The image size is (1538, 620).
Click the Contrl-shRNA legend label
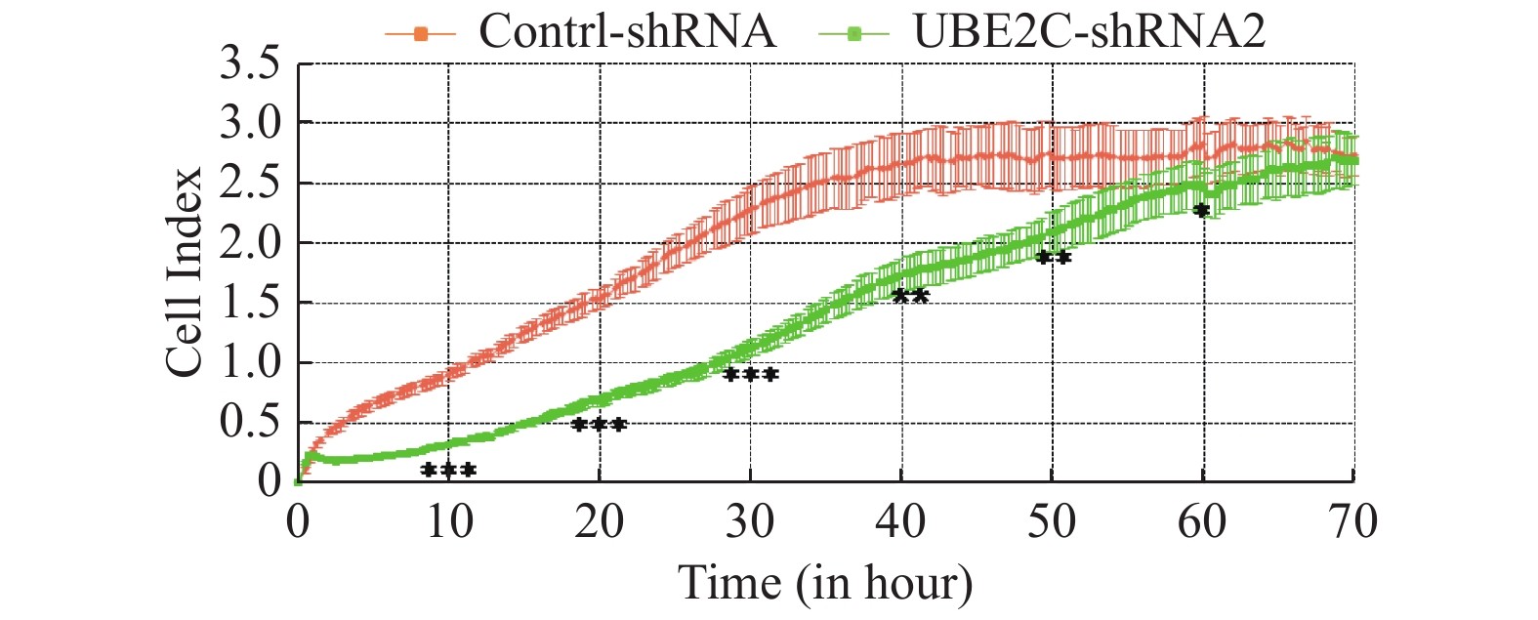pyautogui.click(x=627, y=31)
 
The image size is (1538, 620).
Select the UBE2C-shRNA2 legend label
pyautogui.click(x=1089, y=31)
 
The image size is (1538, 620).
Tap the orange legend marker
pyautogui.click(x=421, y=34)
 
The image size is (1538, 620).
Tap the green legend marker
pyautogui.click(x=854, y=34)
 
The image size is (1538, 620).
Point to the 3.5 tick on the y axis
pyautogui.click(x=250, y=64)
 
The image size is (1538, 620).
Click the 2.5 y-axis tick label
pyautogui.click(x=250, y=184)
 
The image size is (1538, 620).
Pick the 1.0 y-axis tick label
pyautogui.click(x=250, y=363)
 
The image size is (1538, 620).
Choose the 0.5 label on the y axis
pyautogui.click(x=250, y=423)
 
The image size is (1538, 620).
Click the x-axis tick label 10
pyautogui.click(x=449, y=521)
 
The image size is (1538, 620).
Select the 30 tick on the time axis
pyautogui.click(x=750, y=521)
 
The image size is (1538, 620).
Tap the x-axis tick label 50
pyautogui.click(x=1052, y=521)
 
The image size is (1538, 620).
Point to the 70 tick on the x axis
pyautogui.click(x=1352, y=521)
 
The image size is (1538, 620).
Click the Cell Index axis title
pyautogui.click(x=184, y=272)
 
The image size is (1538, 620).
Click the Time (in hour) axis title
pyautogui.click(x=825, y=584)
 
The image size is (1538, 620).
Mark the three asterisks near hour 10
pyautogui.click(x=448, y=471)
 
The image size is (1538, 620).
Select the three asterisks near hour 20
pyautogui.click(x=599, y=425)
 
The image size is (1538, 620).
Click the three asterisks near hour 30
pyautogui.click(x=750, y=375)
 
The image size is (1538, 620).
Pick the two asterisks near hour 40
pyautogui.click(x=910, y=296)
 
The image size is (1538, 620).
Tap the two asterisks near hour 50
pyautogui.click(x=1053, y=258)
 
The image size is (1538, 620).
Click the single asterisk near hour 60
pyautogui.click(x=1201, y=210)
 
